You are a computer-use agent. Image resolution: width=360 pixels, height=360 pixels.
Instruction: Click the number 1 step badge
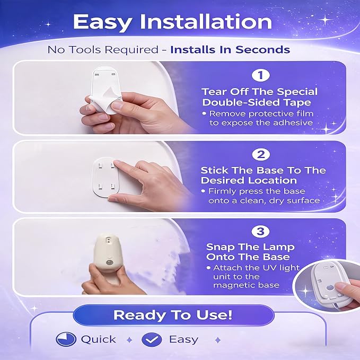click(260, 75)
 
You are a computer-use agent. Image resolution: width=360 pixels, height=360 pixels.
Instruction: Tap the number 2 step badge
click(260, 154)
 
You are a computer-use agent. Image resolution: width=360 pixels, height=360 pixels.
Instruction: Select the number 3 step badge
click(260, 232)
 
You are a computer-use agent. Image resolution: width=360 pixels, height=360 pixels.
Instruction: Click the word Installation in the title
click(206, 22)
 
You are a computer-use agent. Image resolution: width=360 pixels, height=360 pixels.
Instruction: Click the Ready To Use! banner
click(173, 315)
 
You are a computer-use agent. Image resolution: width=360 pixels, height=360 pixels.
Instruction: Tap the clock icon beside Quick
click(66, 339)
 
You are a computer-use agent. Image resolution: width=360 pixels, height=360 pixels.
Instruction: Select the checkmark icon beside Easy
click(152, 339)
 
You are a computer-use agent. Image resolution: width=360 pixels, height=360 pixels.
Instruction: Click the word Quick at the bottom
click(99, 339)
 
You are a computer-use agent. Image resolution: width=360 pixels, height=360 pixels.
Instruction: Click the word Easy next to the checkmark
click(183, 339)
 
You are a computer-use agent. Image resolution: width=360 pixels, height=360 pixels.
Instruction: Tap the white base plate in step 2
click(106, 177)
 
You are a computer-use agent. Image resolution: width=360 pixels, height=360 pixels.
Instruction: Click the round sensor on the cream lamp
click(109, 262)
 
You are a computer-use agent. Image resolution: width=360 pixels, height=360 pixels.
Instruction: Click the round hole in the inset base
click(330, 288)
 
